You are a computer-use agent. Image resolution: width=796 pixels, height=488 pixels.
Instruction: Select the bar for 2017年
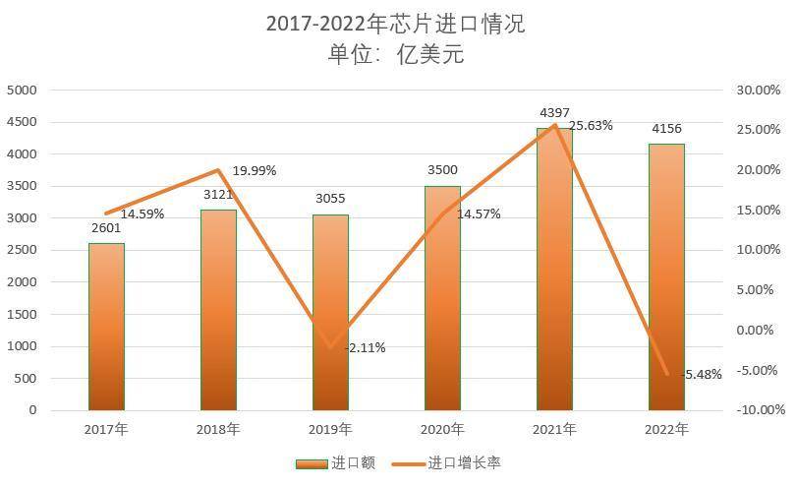(106, 326)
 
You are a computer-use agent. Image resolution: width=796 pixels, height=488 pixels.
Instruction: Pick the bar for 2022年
(666, 276)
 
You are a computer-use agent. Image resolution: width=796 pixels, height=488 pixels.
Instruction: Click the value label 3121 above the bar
(218, 195)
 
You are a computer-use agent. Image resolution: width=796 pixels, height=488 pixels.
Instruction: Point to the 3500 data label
(442, 170)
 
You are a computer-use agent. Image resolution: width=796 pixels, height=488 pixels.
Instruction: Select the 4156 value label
(666, 129)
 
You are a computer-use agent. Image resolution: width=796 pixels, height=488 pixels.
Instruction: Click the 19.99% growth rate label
(255, 170)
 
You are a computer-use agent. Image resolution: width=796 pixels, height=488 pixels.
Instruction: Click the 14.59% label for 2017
(142, 213)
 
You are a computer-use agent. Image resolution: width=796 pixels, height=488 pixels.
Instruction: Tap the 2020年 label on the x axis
(442, 430)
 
